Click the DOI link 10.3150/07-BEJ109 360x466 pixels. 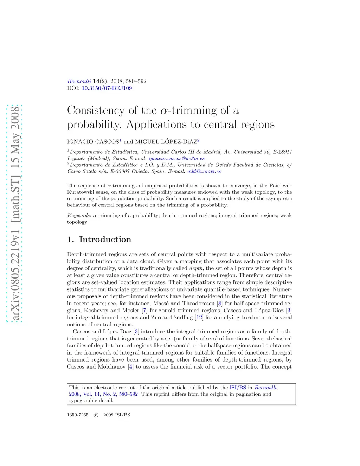[x=107, y=88]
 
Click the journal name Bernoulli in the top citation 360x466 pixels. [x=79, y=81]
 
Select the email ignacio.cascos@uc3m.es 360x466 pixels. [x=176, y=159]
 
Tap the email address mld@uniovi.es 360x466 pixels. [x=204, y=171]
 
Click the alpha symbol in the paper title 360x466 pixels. [x=164, y=111]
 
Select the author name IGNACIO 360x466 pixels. [x=81, y=142]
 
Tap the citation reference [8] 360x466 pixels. [x=220, y=304]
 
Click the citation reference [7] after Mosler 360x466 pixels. [x=144, y=311]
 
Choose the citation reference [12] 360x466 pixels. [x=199, y=318]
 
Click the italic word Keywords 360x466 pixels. [x=79, y=216]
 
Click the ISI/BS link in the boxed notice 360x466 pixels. [x=238, y=388]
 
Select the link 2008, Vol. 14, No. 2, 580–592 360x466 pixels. [x=103, y=394]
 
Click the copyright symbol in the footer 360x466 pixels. [x=96, y=415]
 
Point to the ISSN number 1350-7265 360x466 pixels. [x=78, y=415]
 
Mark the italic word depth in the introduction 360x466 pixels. [x=196, y=268]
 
